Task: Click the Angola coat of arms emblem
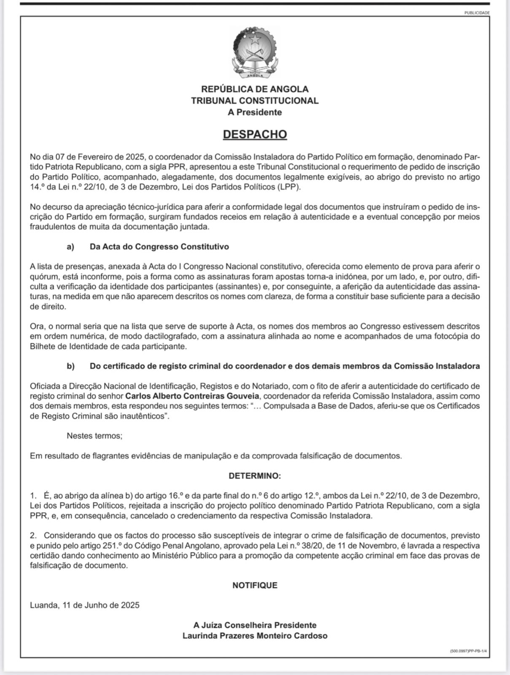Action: click(255, 53)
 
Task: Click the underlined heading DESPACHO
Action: click(255, 134)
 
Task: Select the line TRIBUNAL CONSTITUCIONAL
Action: click(255, 101)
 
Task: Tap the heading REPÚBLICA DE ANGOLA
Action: click(255, 89)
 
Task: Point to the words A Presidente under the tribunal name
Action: click(255, 112)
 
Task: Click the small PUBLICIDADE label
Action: click(477, 13)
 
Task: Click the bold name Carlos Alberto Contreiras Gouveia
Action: click(192, 396)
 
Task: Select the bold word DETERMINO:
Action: click(255, 476)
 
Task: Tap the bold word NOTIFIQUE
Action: click(255, 585)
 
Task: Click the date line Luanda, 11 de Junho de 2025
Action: click(85, 605)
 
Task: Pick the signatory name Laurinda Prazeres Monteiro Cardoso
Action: click(255, 636)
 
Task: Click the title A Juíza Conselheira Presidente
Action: click(255, 625)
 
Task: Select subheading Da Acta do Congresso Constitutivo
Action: click(159, 246)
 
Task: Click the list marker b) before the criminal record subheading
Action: click(70, 366)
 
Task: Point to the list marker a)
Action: click(70, 246)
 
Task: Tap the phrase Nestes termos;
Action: click(94, 436)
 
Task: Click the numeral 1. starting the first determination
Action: click(33, 495)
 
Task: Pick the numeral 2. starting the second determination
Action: click(33, 535)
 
